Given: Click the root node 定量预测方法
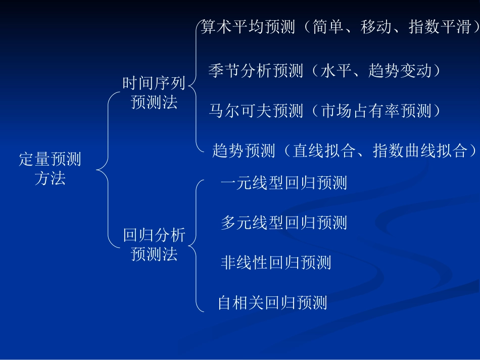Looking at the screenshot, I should [50, 169].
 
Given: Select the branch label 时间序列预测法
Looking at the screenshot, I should [154, 93].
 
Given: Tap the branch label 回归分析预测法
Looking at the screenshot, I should [154, 244].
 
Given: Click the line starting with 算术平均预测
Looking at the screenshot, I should [339, 27].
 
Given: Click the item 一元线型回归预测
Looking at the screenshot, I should [283, 183].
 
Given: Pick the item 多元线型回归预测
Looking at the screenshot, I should [283, 223].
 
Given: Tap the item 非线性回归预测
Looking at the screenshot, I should [276, 263].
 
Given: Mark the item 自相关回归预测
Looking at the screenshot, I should [272, 302].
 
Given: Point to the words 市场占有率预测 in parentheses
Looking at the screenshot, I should [376, 111].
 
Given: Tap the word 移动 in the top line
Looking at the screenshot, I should [376, 27].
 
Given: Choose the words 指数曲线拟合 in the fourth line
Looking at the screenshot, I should [419, 150].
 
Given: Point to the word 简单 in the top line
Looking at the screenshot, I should [328, 27].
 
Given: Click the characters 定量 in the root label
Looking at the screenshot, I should [34, 160].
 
